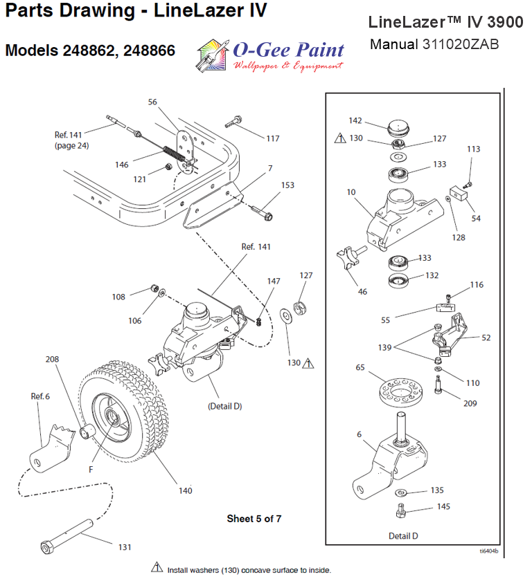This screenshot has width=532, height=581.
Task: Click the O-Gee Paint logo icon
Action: [x=212, y=55]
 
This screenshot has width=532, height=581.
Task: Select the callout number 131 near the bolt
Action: [x=125, y=547]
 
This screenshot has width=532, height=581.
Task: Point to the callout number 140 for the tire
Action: [x=185, y=490]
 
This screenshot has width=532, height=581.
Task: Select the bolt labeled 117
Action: [x=236, y=122]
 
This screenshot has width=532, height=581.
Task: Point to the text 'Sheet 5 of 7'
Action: [x=254, y=518]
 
